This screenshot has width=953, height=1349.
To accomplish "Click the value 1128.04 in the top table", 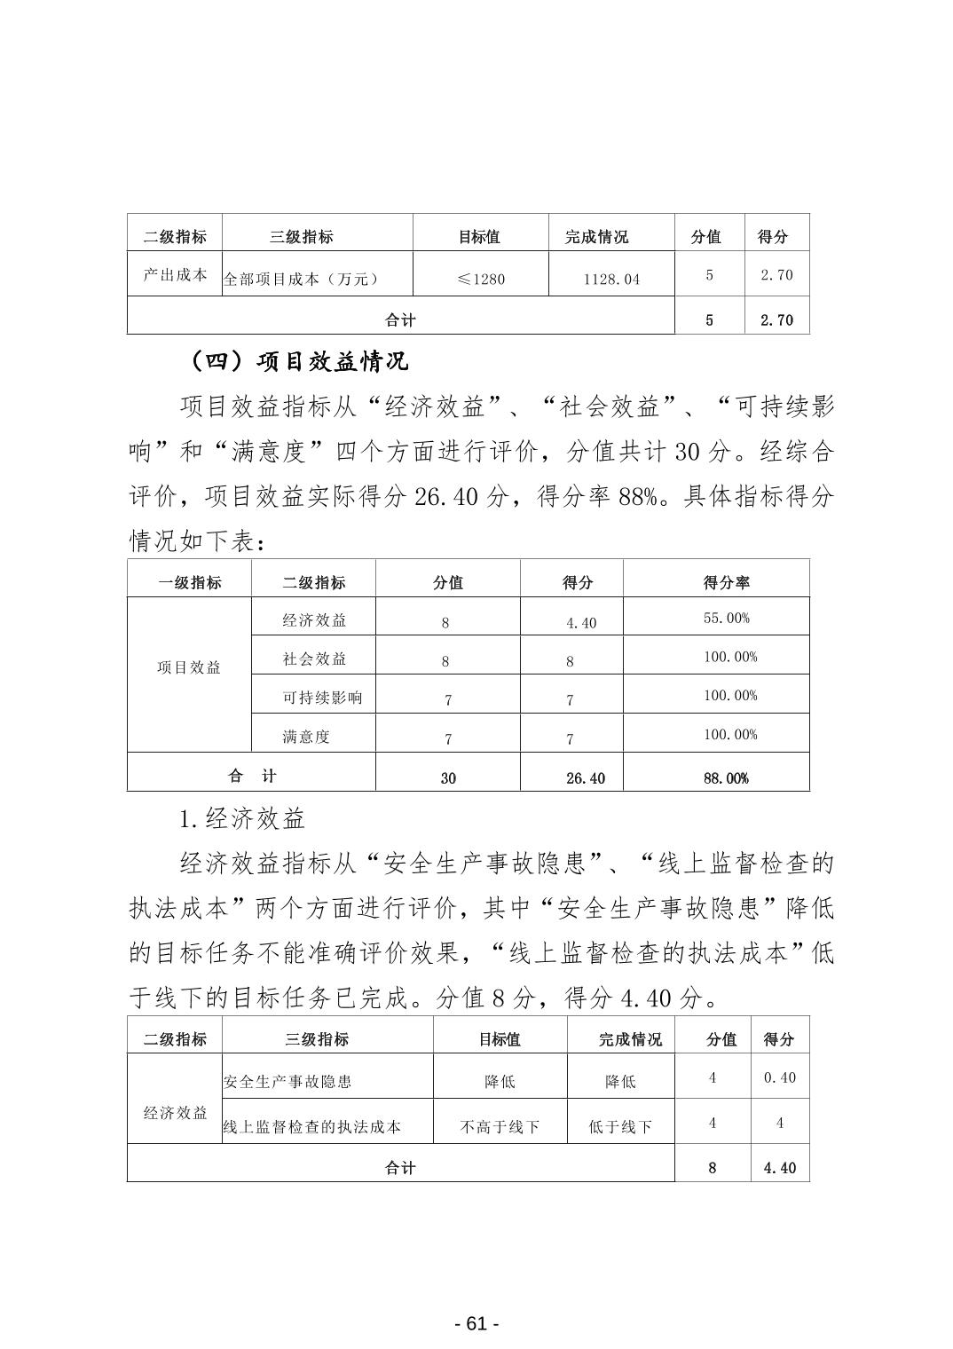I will point(611,280).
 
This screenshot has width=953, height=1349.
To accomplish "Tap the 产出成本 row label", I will point(175,275).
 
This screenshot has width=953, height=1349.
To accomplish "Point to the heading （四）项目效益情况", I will point(299,362).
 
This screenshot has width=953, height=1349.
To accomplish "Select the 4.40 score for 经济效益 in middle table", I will point(581,623).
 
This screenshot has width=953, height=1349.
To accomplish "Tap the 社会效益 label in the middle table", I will point(314,659).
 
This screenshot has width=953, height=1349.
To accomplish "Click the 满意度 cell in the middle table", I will point(306,737).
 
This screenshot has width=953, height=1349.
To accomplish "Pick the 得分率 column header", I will point(726,583).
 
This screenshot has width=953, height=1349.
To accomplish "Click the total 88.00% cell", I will point(726,778).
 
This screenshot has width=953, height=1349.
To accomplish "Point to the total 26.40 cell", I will point(585,778).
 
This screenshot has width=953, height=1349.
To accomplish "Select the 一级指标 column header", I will point(190,583).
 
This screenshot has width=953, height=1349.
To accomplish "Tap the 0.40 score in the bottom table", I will point(779,1077).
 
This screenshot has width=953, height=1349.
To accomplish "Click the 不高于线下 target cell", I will point(500,1127).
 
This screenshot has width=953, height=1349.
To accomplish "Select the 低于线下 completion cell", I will point(620,1127).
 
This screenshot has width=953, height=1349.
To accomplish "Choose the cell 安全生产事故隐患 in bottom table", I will point(287,1082).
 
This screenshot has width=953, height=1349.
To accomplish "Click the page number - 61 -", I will point(476,1323).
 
